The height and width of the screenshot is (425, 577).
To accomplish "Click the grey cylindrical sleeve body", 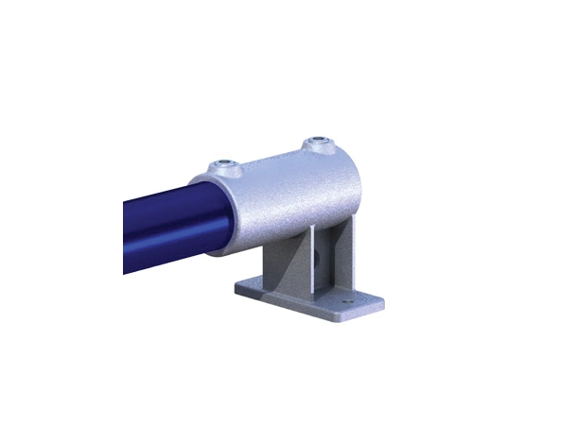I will tap(284, 189).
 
